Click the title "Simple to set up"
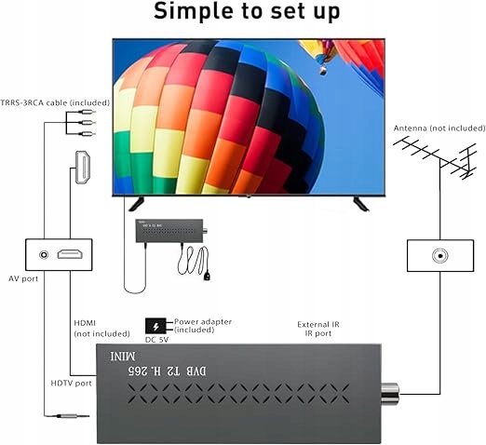click(247, 12)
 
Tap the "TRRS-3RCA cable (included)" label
click(55, 102)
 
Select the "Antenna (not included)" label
click(439, 128)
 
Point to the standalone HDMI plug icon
click(83, 167)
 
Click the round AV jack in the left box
click(44, 255)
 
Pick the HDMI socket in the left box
click(70, 254)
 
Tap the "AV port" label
click(23, 278)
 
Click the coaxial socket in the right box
click(440, 256)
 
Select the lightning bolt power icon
click(155, 326)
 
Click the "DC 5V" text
click(156, 340)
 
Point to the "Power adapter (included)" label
click(203, 326)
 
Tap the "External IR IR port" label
click(318, 329)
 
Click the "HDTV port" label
click(71, 384)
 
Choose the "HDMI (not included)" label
click(101, 329)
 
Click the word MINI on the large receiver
click(123, 357)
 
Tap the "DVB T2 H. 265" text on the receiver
click(167, 371)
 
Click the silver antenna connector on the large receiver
click(390, 394)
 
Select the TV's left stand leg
click(136, 204)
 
